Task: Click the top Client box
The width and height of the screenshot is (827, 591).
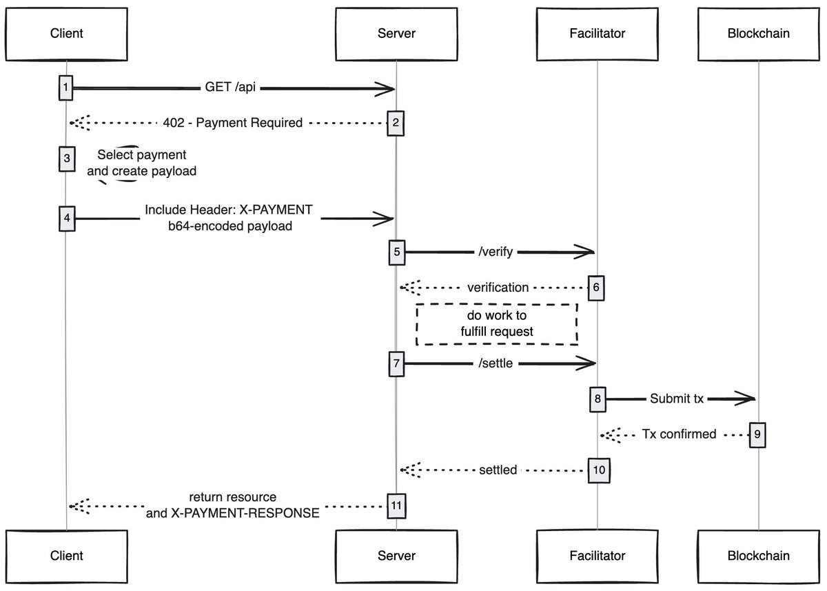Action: tap(67, 33)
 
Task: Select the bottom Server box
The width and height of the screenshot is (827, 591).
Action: tap(396, 555)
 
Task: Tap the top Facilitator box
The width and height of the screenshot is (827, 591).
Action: tap(598, 33)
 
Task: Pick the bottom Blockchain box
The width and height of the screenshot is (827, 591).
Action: tap(759, 555)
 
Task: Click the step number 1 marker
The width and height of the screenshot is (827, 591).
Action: tap(65, 88)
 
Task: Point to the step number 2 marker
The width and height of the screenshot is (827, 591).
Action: tap(396, 123)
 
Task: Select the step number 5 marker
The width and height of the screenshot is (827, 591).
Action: tap(396, 252)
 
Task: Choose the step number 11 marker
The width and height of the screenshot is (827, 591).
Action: tap(396, 505)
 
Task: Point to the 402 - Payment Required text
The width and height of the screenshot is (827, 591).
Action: tap(233, 123)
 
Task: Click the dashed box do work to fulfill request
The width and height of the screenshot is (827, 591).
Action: tap(496, 324)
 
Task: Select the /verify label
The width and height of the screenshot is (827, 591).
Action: tap(496, 253)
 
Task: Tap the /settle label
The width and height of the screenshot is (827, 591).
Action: tap(496, 363)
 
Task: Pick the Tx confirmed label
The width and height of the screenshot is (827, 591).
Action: tap(679, 434)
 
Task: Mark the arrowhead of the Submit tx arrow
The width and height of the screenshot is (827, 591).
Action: tap(747, 399)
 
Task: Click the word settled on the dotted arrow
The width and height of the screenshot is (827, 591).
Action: tap(498, 470)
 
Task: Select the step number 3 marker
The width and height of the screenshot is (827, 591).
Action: tap(66, 159)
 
